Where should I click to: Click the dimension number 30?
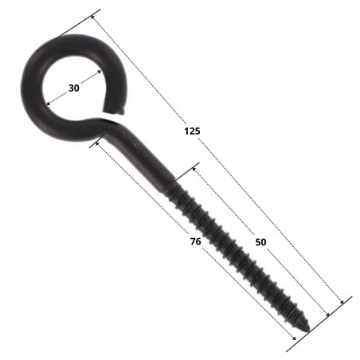click(73, 88)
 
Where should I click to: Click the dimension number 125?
click(192, 131)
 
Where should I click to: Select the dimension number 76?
click(195, 241)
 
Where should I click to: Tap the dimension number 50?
click(260, 242)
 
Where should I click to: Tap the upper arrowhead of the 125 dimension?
click(93, 18)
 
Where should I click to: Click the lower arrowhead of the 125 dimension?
click(342, 302)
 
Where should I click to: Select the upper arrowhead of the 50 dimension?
click(194, 169)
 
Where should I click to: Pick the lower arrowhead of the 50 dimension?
click(327, 315)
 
